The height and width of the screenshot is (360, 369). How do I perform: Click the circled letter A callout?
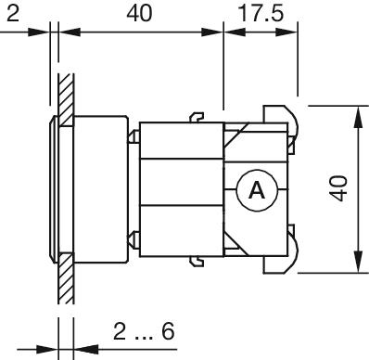(257, 190)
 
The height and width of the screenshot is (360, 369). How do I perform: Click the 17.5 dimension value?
(261, 14)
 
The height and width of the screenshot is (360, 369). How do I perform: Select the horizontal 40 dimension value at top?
(139, 14)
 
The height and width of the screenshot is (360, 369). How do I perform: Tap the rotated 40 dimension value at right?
(338, 188)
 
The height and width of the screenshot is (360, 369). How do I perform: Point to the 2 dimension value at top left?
(13, 14)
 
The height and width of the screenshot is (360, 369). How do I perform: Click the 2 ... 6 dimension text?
(144, 331)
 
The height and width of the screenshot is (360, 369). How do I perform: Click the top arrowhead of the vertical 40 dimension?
(358, 117)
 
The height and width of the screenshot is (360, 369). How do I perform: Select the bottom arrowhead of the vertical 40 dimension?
(358, 263)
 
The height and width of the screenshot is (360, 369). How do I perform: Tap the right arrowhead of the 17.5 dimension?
(286, 32)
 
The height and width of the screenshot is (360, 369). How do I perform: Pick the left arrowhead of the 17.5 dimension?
(235, 32)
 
